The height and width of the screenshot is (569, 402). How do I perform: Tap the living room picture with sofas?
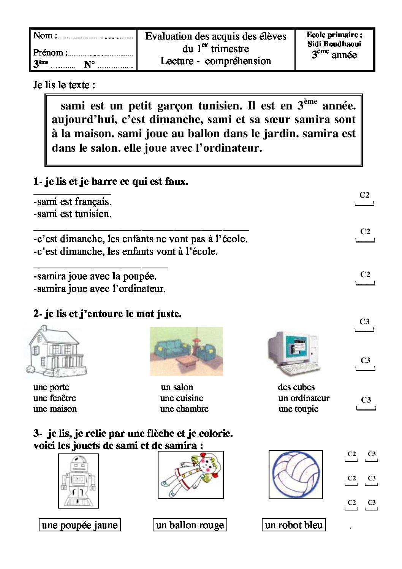coord(186,351)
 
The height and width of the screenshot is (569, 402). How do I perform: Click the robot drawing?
coord(78,480)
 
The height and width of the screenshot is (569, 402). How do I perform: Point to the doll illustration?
coord(190,475)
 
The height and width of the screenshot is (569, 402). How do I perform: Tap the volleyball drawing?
coord(296,474)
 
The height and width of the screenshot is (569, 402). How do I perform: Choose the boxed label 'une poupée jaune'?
coord(80,525)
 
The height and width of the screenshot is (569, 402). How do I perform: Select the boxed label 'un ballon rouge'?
coord(190,525)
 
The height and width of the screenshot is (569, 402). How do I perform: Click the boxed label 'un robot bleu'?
coord(294,525)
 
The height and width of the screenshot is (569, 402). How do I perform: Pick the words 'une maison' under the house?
coord(55,409)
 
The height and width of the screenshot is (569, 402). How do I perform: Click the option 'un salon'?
coord(177,387)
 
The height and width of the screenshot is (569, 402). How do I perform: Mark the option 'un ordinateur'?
coord(304,398)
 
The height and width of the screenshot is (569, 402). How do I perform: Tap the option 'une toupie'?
coord(298,409)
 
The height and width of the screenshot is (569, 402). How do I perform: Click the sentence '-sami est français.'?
coord(73,201)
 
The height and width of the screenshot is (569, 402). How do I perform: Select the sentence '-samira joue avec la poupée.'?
coord(95,276)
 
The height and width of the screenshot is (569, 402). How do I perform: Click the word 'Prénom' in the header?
coord(48,52)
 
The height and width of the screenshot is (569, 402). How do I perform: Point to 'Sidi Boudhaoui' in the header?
coord(334,44)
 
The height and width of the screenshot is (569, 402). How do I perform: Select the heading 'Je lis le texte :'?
coord(64,85)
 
